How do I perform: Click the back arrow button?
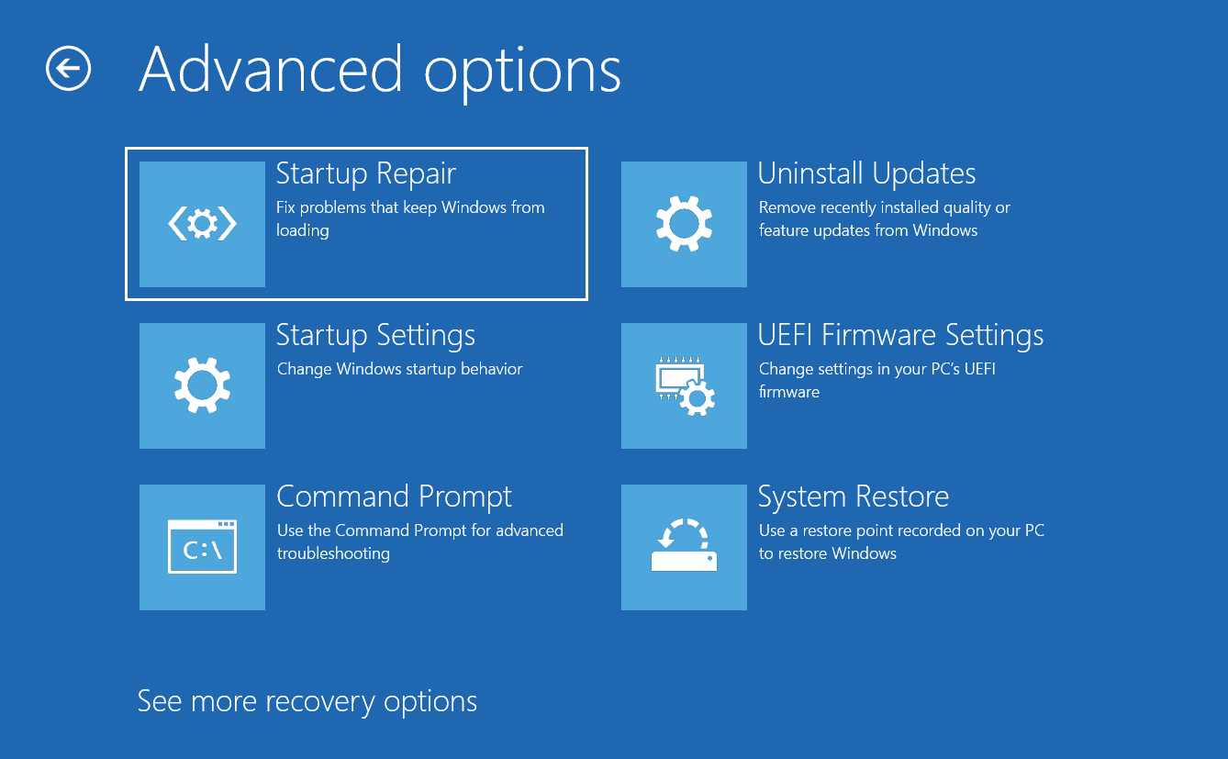tap(68, 68)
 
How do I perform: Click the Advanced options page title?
tap(379, 72)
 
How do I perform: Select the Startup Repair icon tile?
tap(202, 224)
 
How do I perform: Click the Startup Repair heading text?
tap(365, 173)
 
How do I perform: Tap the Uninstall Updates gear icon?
tap(684, 224)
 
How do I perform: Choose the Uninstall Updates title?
tap(866, 173)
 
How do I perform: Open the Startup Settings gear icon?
tap(202, 385)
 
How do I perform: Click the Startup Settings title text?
tap(375, 335)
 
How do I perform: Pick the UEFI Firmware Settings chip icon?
tap(684, 385)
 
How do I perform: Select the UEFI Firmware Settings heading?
tap(900, 335)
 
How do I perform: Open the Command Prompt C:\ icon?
tap(202, 547)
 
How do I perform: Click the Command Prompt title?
tap(394, 497)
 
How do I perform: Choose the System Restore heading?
tap(854, 497)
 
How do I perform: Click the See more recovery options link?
tap(307, 701)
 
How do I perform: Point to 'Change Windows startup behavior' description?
tap(399, 369)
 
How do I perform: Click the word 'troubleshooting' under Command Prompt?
tap(333, 553)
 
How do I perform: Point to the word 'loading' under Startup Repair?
tap(303, 230)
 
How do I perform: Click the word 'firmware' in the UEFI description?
tap(789, 392)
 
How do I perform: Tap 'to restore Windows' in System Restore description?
tap(828, 553)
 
